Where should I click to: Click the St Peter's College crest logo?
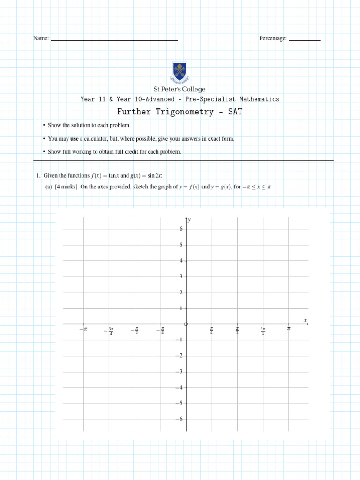tap(180, 72)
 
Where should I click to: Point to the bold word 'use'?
tap(74, 139)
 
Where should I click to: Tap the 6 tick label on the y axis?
tap(181, 229)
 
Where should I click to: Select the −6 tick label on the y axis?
tap(180, 419)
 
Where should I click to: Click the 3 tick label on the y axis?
tap(181, 277)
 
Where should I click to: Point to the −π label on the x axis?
tap(83, 330)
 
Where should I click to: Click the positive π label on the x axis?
tap(289, 329)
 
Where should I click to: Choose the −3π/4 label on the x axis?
tap(110, 331)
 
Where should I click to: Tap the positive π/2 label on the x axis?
tap(237, 331)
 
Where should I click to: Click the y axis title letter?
tap(189, 219)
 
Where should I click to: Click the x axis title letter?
tap(305, 320)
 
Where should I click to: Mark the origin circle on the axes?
tap(186, 324)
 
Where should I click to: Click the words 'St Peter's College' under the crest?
tap(180, 89)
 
